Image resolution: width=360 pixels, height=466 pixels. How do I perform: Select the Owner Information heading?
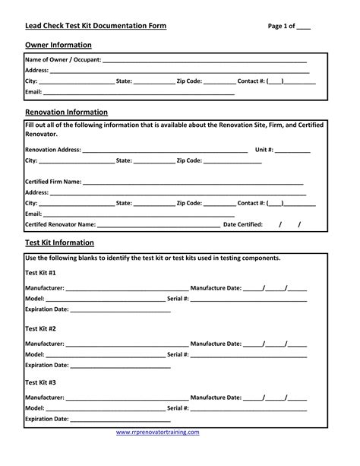point(58,46)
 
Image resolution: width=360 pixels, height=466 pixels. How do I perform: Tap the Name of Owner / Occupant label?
point(63,59)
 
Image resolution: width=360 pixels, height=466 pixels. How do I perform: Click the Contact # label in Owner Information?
point(251,80)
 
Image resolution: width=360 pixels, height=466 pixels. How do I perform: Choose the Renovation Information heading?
point(67,113)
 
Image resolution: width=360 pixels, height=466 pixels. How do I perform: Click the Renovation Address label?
point(52,150)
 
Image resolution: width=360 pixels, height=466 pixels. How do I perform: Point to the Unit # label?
point(264,150)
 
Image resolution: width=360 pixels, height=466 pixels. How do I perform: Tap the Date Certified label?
point(242,225)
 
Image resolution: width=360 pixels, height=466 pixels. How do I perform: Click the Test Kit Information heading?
point(59,243)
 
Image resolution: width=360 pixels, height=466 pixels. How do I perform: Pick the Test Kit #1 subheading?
point(40,272)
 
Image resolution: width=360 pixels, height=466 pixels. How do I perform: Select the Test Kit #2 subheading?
point(40,328)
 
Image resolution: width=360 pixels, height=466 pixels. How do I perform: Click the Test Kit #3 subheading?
point(40,382)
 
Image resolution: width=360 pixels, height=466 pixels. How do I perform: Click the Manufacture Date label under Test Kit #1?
point(216,289)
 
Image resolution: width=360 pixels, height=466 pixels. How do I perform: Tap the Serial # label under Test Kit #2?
point(178,354)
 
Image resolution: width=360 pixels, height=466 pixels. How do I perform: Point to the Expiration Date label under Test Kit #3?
point(47,419)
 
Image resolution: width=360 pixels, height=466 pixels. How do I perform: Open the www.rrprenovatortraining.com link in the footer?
point(157,433)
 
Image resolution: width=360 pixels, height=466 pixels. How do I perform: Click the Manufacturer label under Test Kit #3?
point(44,398)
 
